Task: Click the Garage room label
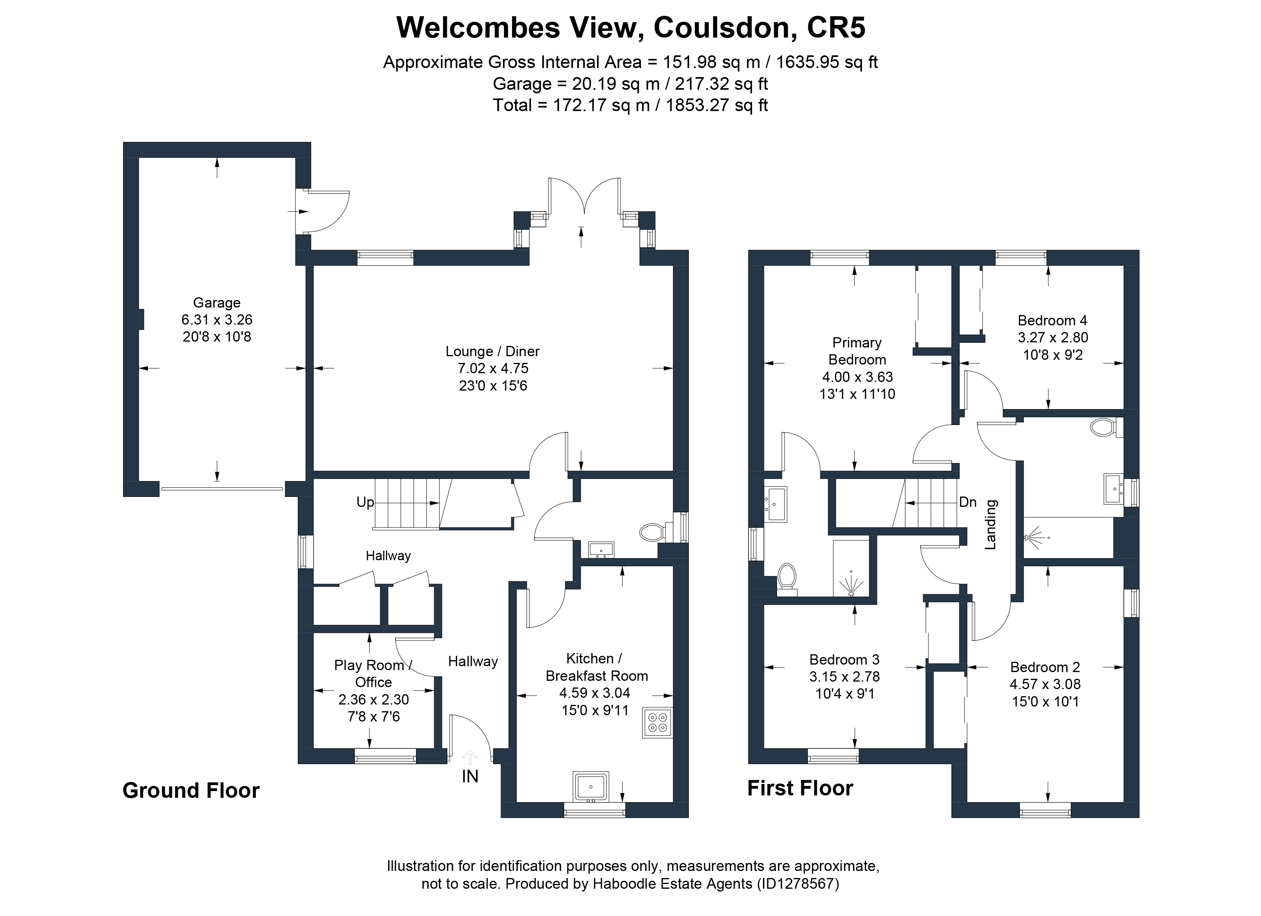216,303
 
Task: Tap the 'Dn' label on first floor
968,502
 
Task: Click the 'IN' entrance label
470,776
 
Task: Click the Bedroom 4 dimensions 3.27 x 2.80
1053,337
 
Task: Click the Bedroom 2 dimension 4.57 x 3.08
1045,684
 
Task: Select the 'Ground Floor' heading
191,790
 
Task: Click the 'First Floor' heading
800,788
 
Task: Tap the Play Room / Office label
373,673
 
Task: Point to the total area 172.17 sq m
601,105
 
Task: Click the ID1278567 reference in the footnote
798,884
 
